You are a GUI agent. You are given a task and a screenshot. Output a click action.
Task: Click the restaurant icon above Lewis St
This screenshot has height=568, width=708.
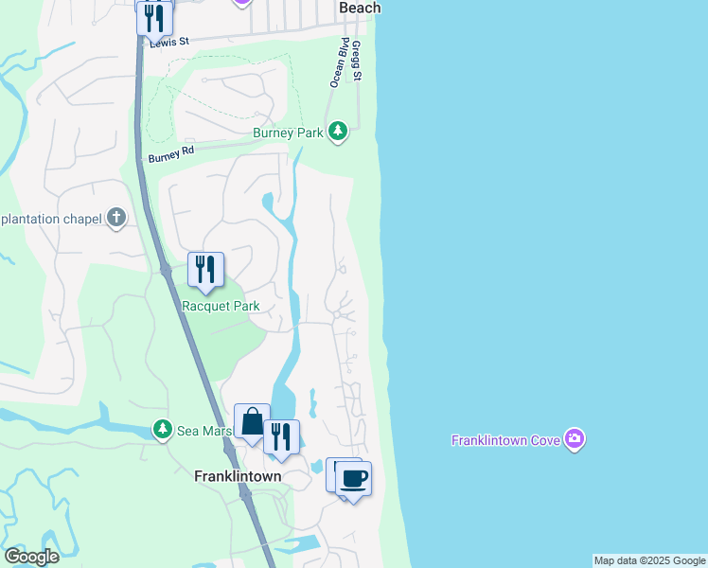click(x=154, y=17)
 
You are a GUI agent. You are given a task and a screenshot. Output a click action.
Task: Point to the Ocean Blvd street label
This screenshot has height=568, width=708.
click(x=336, y=63)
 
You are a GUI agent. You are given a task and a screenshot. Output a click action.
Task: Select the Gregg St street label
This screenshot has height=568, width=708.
click(x=356, y=61)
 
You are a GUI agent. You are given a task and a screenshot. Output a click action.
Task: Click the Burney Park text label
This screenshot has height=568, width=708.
click(x=288, y=133)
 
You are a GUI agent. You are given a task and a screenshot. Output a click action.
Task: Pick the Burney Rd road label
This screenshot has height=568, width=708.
click(x=170, y=153)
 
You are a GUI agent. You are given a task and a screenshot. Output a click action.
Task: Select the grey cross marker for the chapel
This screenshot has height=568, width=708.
click(x=116, y=219)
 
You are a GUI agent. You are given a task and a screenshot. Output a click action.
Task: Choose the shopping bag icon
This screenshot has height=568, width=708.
click(x=253, y=422)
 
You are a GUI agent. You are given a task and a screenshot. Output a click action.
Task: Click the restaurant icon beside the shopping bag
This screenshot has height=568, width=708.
click(x=281, y=437)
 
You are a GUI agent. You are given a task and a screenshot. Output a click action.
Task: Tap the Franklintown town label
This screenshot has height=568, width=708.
click(x=238, y=476)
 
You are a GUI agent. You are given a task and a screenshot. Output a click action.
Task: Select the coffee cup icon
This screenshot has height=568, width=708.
click(x=353, y=479)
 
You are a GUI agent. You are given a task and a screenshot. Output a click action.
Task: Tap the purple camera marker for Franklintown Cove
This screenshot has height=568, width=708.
click(x=575, y=439)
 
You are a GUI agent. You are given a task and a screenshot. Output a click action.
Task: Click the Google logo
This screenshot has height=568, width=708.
click(x=31, y=557)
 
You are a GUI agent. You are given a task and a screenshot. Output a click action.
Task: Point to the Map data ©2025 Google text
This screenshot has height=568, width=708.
click(x=649, y=560)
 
